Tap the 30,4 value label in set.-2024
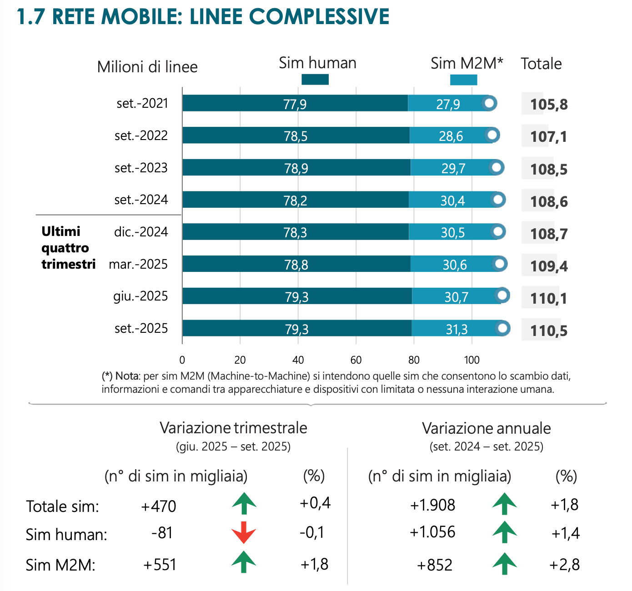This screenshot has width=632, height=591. click(452, 200)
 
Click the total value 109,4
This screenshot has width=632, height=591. click(549, 266)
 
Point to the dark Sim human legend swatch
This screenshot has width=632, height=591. click(315, 80)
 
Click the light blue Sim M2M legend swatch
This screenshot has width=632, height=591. click(463, 80)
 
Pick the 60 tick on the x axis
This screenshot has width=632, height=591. click(356, 360)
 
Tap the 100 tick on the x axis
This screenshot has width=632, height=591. click(471, 360)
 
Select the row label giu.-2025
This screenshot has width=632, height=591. click(140, 296)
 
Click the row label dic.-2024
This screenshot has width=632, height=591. click(141, 232)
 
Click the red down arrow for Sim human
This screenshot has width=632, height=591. click(244, 532)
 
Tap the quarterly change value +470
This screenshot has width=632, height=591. click(159, 506)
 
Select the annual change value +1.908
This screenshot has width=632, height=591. click(432, 505)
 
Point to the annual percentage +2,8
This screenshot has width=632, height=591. click(564, 565)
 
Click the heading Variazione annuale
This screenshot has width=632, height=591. click(486, 428)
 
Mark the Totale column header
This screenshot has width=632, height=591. click(541, 64)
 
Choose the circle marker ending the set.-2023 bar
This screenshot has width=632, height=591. click(497, 167)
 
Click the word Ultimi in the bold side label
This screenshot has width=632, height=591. click(61, 231)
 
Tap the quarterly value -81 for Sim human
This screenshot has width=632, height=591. click(162, 533)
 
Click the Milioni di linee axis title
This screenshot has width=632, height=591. click(147, 67)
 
